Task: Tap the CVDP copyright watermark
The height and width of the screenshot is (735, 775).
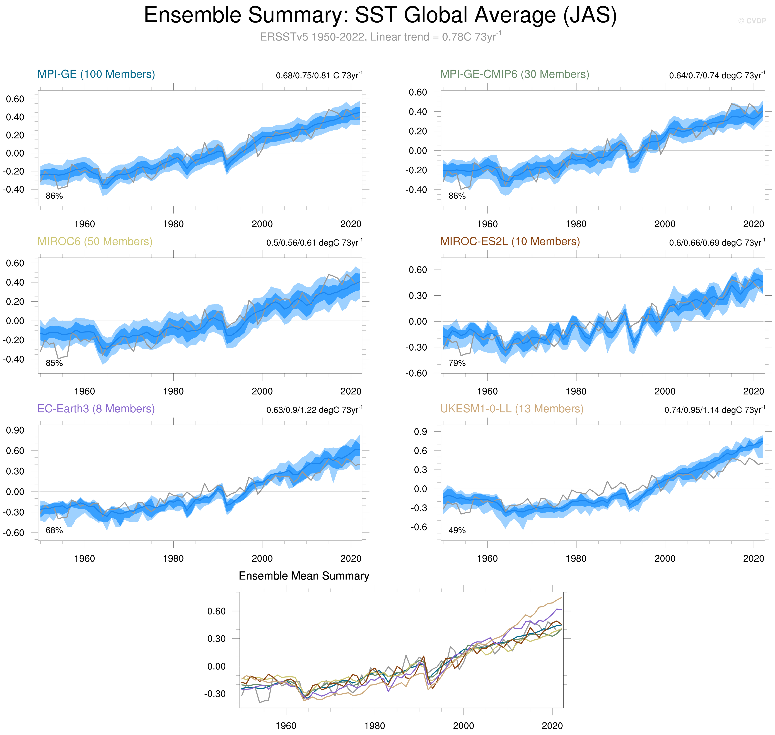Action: click(x=752, y=21)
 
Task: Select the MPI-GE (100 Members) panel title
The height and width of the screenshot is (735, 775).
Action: click(x=96, y=74)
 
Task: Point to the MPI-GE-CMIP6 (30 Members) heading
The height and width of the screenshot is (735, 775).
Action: click(x=514, y=74)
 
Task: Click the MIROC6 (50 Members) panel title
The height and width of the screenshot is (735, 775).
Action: click(x=95, y=241)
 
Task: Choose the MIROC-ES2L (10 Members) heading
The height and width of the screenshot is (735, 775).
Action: click(x=510, y=241)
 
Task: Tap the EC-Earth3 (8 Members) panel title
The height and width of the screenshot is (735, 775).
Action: click(x=96, y=409)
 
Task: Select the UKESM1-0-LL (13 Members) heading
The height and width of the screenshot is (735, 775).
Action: click(x=511, y=409)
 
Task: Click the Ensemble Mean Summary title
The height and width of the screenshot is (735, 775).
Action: click(x=304, y=576)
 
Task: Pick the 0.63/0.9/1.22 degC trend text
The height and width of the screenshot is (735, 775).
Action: click(x=314, y=410)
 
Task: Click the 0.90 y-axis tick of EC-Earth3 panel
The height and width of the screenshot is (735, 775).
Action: click(x=15, y=430)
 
